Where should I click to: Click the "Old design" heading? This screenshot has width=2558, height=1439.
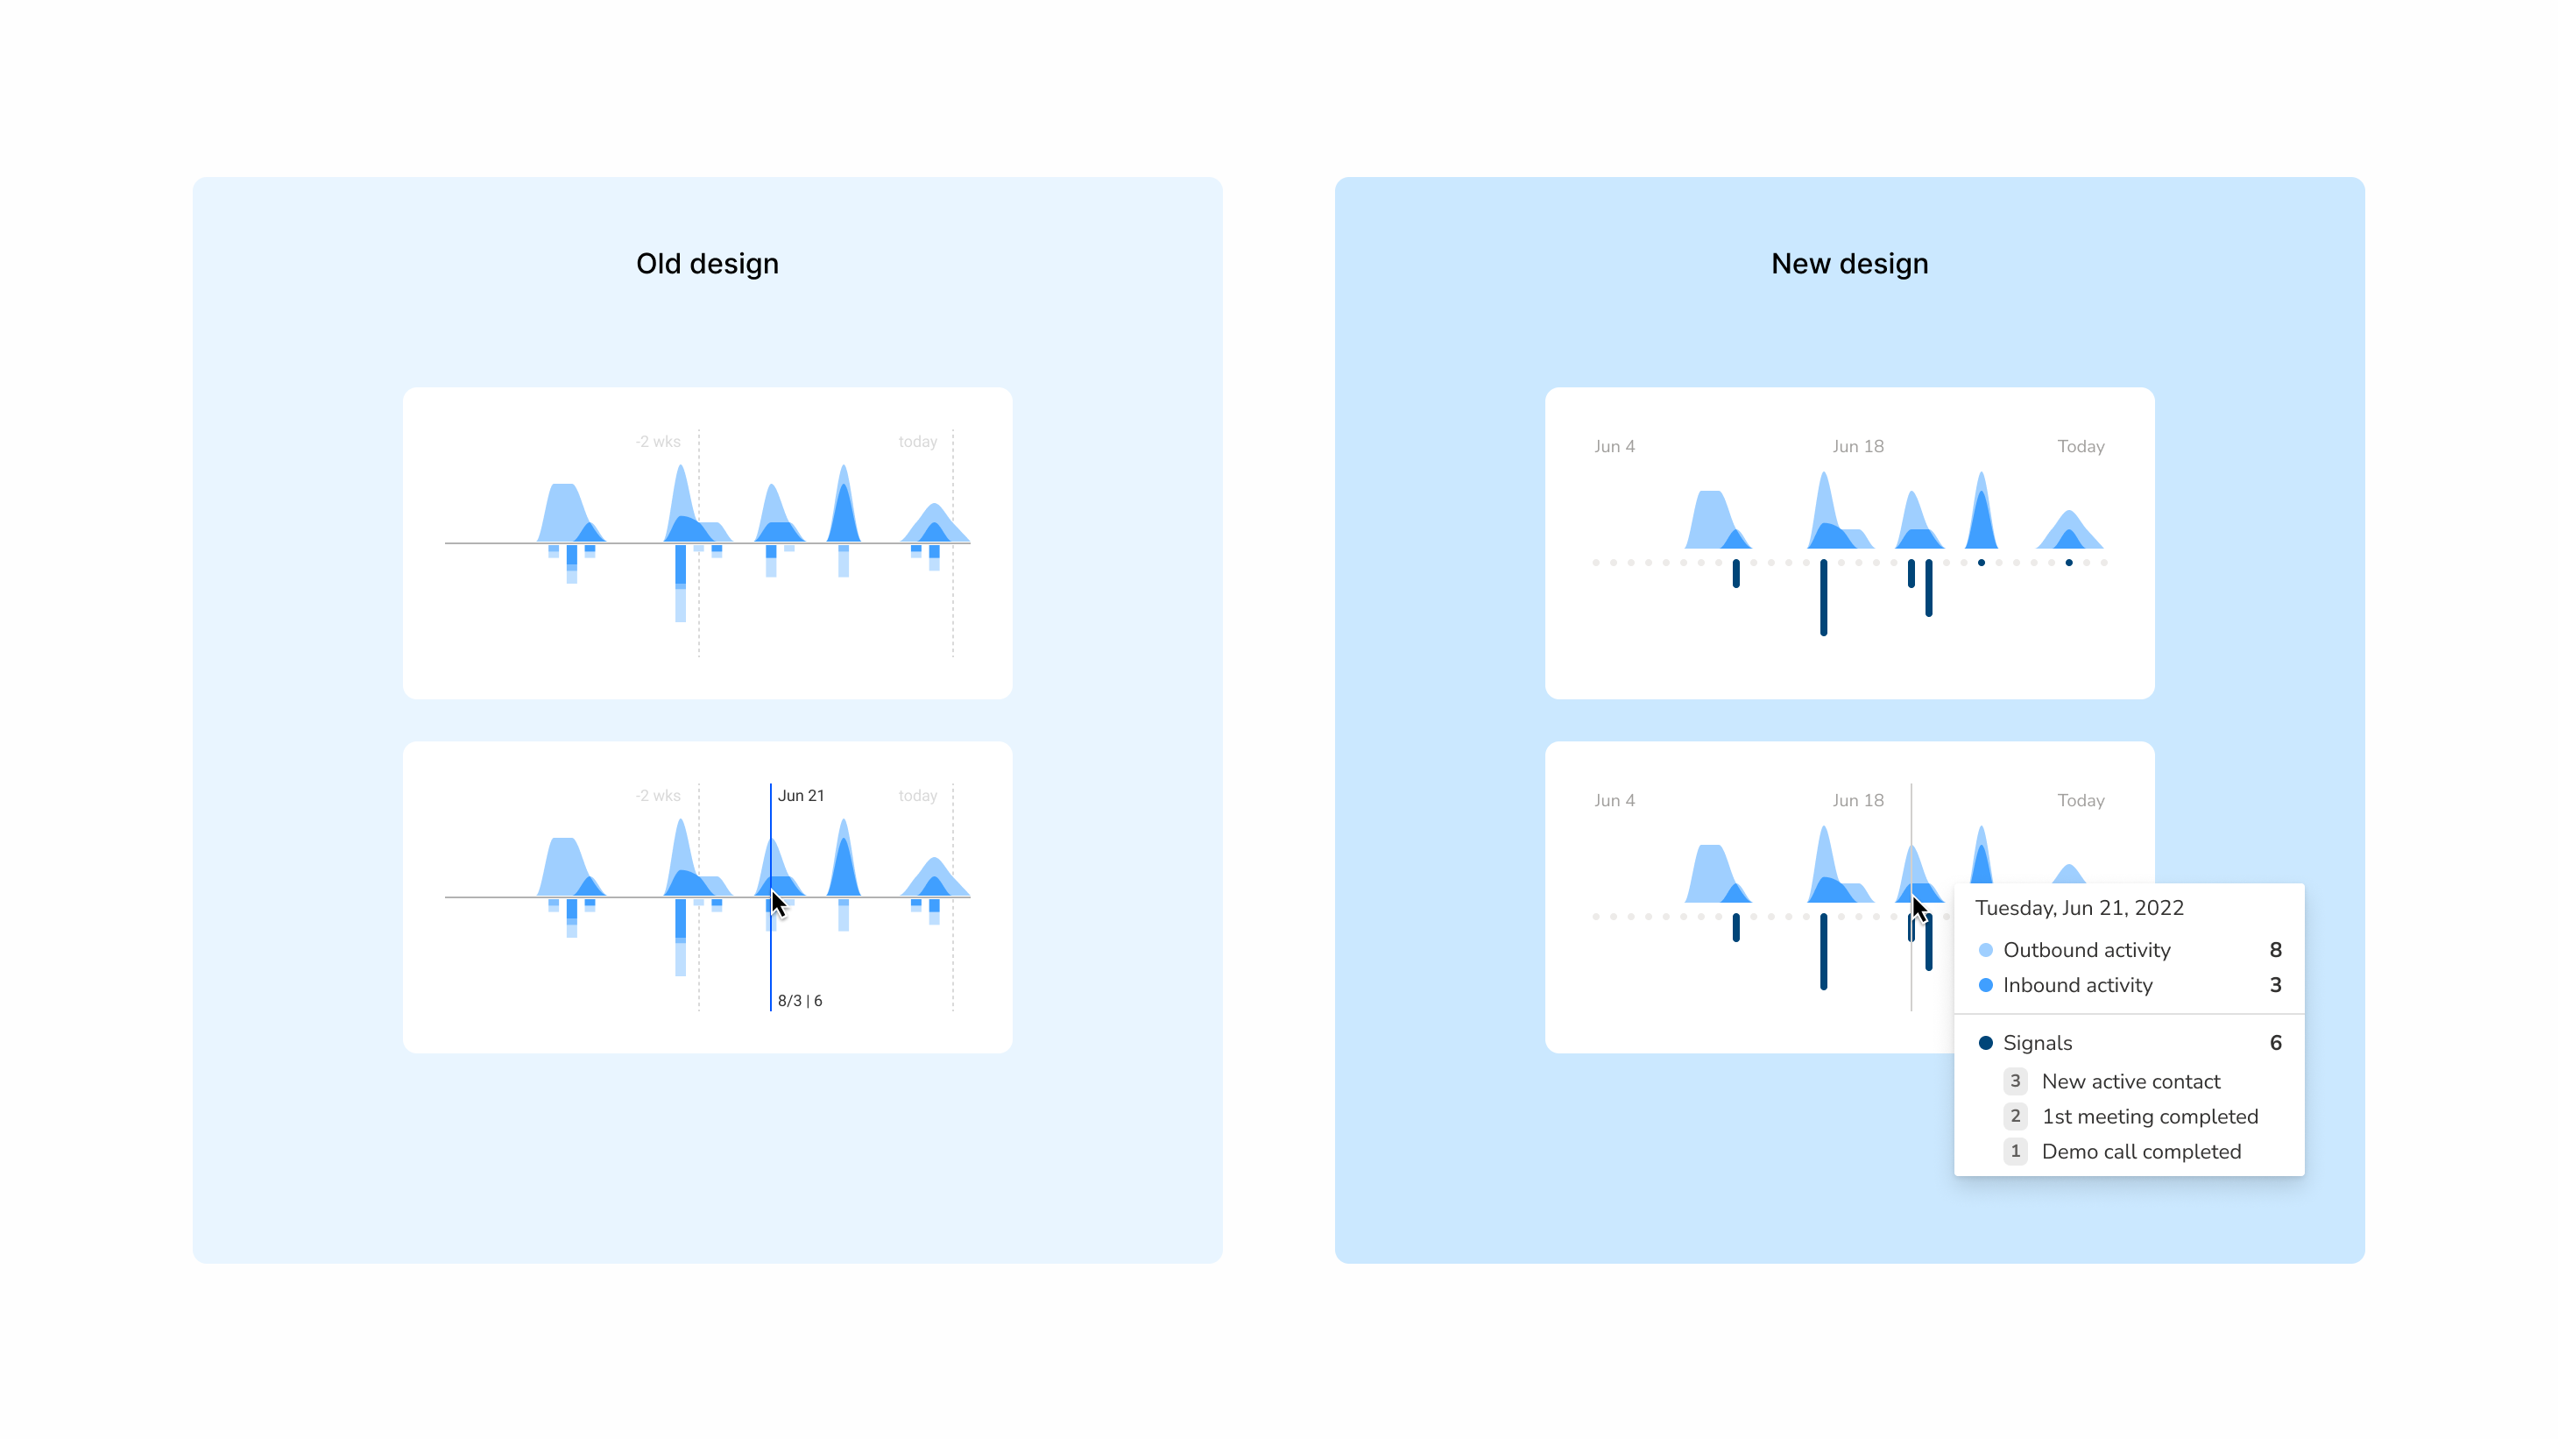click(x=707, y=264)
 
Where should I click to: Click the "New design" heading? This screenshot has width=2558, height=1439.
click(x=1849, y=264)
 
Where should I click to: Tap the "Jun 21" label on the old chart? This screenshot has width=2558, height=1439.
click(x=801, y=796)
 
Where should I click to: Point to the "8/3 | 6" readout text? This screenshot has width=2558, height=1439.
click(x=799, y=1000)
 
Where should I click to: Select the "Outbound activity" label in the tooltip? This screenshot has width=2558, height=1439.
click(x=2087, y=949)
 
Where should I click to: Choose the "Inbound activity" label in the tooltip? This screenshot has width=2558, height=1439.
click(x=2077, y=985)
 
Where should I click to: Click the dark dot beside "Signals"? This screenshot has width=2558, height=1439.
click(x=1985, y=1043)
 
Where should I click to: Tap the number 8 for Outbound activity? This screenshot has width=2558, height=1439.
click(x=2275, y=949)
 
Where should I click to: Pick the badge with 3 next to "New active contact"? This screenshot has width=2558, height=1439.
click(x=2015, y=1081)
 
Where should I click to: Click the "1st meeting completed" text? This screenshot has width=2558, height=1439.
click(x=2150, y=1116)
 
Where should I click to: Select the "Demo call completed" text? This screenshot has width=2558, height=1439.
click(x=2141, y=1152)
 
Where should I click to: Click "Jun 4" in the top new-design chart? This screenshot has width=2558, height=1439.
click(x=1614, y=447)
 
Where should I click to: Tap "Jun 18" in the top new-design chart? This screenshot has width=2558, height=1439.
click(x=1858, y=447)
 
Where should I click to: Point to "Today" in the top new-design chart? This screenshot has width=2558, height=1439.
click(x=2081, y=447)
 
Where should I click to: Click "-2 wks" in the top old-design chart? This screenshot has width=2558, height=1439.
click(x=657, y=442)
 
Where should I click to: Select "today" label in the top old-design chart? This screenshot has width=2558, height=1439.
click(x=917, y=442)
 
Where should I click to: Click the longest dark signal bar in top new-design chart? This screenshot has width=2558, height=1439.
click(x=1823, y=597)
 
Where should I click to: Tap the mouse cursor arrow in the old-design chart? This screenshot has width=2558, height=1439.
click(x=778, y=904)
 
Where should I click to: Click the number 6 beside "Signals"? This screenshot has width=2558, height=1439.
click(x=2275, y=1043)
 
